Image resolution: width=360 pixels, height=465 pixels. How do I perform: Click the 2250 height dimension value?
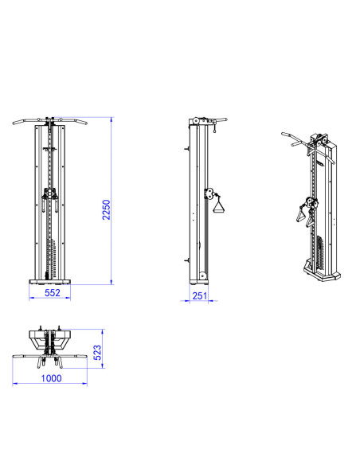click(106, 209)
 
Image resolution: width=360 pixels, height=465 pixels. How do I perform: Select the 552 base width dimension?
click(53, 293)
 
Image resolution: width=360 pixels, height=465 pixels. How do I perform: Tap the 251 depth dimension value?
click(200, 295)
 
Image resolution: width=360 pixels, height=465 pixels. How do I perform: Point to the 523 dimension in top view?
click(97, 352)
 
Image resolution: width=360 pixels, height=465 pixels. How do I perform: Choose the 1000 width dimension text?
click(51, 378)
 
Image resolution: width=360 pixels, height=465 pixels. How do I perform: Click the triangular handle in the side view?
click(218, 205)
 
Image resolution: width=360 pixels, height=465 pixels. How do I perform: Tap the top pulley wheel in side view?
click(195, 122)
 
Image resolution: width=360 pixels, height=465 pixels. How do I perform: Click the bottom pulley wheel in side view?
click(203, 275)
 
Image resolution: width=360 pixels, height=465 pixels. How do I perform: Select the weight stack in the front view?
click(51, 258)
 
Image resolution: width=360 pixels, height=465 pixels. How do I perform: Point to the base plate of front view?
click(50, 282)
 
